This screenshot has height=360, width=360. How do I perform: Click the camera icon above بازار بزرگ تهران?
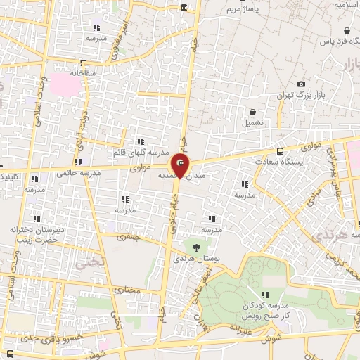pos(302,84)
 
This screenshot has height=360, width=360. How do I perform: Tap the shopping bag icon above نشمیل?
pos(252,111)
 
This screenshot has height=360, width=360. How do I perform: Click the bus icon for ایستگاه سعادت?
pos(281,151)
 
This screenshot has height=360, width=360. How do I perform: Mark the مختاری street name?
pos(127,289)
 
